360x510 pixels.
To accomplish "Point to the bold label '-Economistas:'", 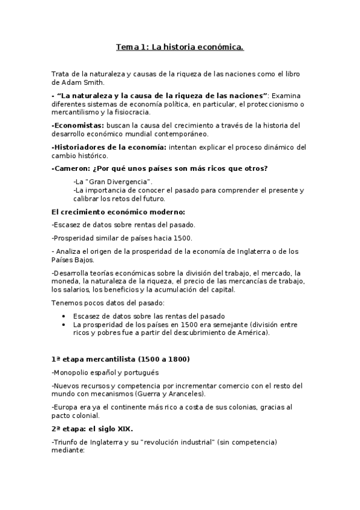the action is coord(74,125).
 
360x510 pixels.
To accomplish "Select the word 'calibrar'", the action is coord(87,198).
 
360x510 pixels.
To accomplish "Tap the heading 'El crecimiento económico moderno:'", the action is coord(118,212).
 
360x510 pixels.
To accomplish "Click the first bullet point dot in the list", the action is coord(65,316).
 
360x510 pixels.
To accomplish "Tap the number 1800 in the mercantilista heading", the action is coord(174,359).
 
